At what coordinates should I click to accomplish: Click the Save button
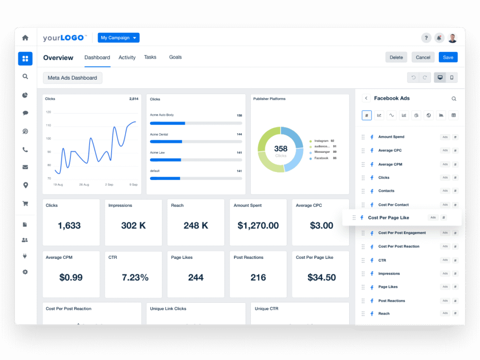coord(448,57)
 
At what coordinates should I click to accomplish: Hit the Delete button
coord(396,57)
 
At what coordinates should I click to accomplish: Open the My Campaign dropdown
coord(119,37)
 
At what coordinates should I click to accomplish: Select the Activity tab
coord(127,57)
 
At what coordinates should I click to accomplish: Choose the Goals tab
coord(175,57)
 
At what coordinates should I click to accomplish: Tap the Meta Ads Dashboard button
coord(72,78)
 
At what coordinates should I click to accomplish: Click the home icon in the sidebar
coord(25,37)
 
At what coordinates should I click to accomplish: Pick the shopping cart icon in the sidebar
coord(25,203)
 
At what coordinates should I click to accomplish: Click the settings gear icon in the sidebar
coord(25,272)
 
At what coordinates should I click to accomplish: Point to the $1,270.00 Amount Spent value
coord(258,225)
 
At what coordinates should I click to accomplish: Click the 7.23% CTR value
coord(135,277)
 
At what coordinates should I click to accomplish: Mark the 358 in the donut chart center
coord(281,149)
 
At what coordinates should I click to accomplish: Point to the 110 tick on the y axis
coord(48,125)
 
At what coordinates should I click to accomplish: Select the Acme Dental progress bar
coord(196,141)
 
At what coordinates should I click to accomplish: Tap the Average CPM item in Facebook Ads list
coord(390,165)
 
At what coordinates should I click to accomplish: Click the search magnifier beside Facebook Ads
coord(454,99)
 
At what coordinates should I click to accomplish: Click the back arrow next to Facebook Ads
coord(367,98)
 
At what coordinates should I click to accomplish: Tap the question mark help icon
coord(426,38)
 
